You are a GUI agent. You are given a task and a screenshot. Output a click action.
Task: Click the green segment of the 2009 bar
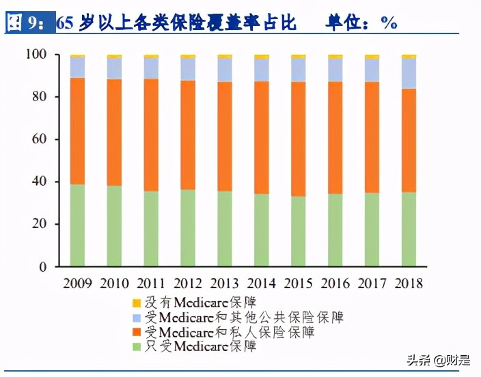pyautogui.click(x=77, y=225)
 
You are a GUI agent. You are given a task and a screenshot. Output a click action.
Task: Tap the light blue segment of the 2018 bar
pyautogui.click(x=409, y=73)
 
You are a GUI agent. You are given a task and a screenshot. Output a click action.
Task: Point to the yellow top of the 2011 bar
pyautogui.click(x=151, y=56)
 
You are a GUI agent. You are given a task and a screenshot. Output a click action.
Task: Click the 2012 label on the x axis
pyautogui.click(x=188, y=283)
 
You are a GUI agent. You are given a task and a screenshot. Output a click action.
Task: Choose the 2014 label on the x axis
pyautogui.click(x=262, y=283)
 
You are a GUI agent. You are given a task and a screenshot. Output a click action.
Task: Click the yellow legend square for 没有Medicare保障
pyautogui.click(x=135, y=303)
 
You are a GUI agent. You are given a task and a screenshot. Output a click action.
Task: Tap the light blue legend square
pyautogui.click(x=135, y=318)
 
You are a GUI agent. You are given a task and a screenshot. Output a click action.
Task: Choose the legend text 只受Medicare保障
pyautogui.click(x=199, y=347)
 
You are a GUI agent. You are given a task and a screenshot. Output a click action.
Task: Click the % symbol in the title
pyautogui.click(x=389, y=23)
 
